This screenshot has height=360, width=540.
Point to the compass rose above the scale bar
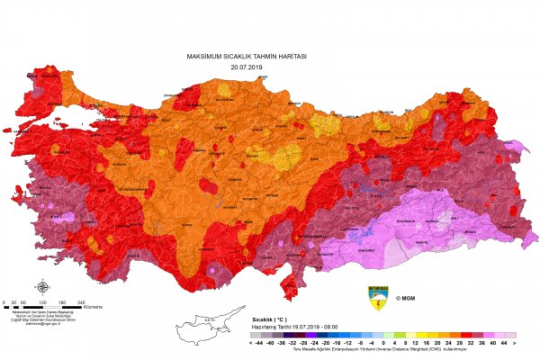41,288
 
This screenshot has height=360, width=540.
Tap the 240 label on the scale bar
81,301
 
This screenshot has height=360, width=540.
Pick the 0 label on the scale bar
5,301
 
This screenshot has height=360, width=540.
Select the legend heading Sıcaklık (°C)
269,318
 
